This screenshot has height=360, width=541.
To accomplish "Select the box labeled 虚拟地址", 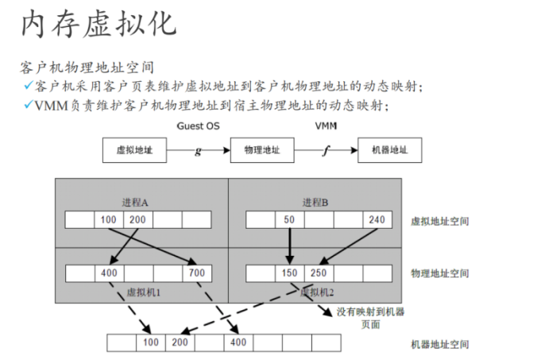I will [x=134, y=150].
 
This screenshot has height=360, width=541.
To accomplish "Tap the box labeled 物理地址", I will [x=262, y=150].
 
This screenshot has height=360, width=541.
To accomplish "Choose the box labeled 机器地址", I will [x=389, y=150].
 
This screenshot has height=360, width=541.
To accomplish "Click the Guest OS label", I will [x=198, y=126].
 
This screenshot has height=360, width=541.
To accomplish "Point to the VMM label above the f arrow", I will [x=325, y=126].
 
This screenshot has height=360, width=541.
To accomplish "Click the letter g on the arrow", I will [x=198, y=151].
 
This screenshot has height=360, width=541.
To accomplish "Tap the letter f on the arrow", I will [x=326, y=151].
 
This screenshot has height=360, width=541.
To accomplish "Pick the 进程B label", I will [x=315, y=202].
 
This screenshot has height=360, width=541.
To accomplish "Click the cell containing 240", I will [x=377, y=219].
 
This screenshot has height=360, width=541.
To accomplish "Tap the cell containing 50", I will [x=289, y=219].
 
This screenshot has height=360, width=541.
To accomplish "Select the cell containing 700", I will [x=197, y=273].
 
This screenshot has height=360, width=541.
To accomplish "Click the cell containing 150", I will [x=289, y=273].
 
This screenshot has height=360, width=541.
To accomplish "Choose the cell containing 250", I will [x=319, y=273].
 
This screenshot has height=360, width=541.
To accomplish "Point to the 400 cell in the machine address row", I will [x=238, y=343].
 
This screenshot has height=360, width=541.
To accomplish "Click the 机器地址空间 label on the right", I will [x=439, y=344].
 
